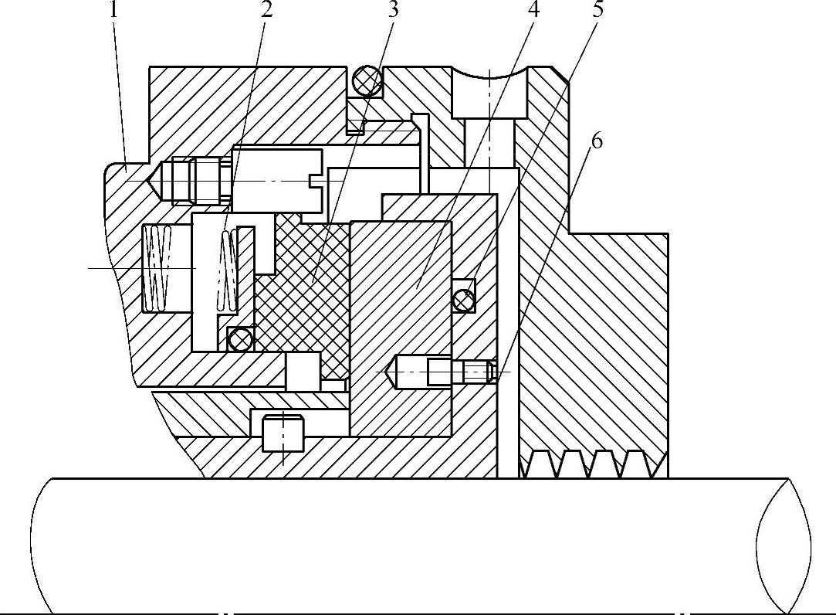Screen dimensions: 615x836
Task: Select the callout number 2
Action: click(266, 11)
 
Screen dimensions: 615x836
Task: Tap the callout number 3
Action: click(394, 11)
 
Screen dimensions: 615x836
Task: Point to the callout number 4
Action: click(533, 11)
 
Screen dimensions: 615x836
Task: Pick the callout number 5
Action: click(597, 11)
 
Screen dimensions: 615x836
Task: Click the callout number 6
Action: click(595, 141)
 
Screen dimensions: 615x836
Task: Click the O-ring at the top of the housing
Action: click(367, 80)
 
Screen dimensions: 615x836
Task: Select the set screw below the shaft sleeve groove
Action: click(283, 433)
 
